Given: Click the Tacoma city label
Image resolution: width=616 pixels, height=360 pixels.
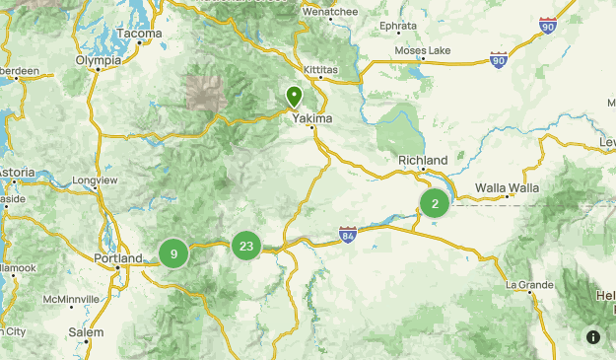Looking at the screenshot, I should point(138,33).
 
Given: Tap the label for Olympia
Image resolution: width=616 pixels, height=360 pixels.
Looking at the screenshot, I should point(99,60).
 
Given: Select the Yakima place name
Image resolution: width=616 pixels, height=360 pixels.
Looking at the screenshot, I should point(312,118).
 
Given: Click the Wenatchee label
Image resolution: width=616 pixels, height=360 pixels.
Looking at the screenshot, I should point(329,12).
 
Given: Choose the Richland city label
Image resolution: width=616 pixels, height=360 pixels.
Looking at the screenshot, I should point(423,160).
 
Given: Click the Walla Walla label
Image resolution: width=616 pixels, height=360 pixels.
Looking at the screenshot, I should point(507,187).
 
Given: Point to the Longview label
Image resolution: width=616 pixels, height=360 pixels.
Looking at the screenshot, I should point(95,180).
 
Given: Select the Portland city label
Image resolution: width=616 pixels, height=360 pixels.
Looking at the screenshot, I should point(117,258).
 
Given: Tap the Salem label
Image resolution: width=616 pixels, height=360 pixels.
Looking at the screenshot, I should point(86,332).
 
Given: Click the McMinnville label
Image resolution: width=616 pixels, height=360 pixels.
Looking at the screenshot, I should point(71,299).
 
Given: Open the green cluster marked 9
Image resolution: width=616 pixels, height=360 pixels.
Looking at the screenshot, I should point(173,253).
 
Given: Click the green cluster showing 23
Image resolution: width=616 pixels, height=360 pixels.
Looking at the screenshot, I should point(246,247).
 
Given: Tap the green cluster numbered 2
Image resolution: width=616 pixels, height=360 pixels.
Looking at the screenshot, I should point(435,203).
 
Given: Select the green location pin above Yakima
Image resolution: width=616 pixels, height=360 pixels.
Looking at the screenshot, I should point(294,96).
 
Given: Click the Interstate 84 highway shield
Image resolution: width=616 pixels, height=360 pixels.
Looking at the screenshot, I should point(347,235).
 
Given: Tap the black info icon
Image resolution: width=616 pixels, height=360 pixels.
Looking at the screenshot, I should point(593,336).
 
